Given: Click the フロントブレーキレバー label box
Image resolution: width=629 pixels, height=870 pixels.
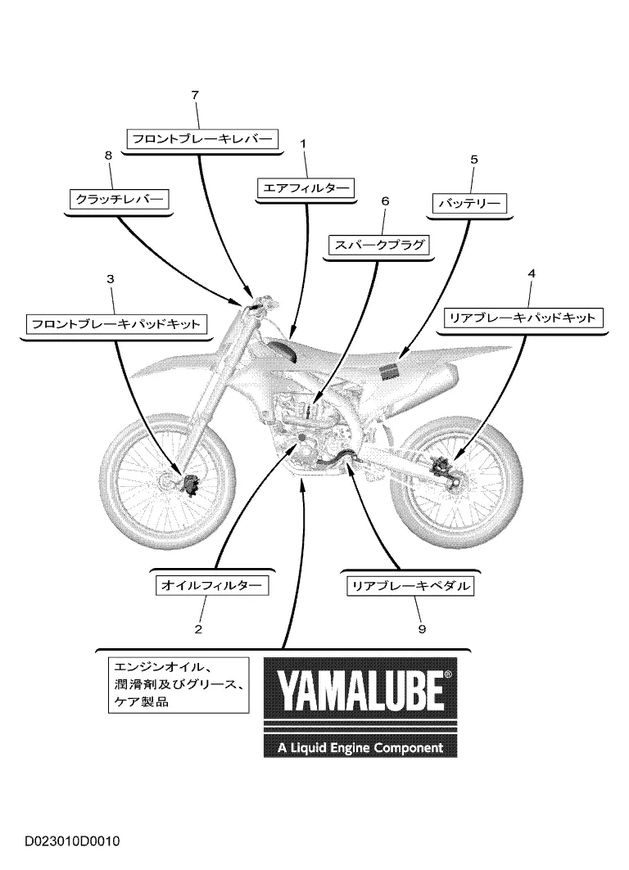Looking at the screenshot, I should (x=201, y=139).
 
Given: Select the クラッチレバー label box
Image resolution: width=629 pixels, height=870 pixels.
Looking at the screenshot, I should (x=120, y=200).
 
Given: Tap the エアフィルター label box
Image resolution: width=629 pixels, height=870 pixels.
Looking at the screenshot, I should (x=305, y=188).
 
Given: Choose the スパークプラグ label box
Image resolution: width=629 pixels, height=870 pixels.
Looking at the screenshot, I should (x=378, y=245).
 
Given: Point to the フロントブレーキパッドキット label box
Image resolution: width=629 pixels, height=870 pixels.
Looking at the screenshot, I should (x=115, y=324).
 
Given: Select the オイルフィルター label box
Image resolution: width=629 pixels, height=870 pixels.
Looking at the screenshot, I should (x=212, y=586).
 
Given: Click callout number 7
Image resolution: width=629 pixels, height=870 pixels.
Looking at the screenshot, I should (x=195, y=95).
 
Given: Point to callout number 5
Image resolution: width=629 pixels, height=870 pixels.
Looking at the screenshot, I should (x=473, y=160).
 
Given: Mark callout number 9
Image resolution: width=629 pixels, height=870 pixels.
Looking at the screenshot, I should (x=422, y=629).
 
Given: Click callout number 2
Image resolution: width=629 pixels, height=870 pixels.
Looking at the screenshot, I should (x=198, y=630).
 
